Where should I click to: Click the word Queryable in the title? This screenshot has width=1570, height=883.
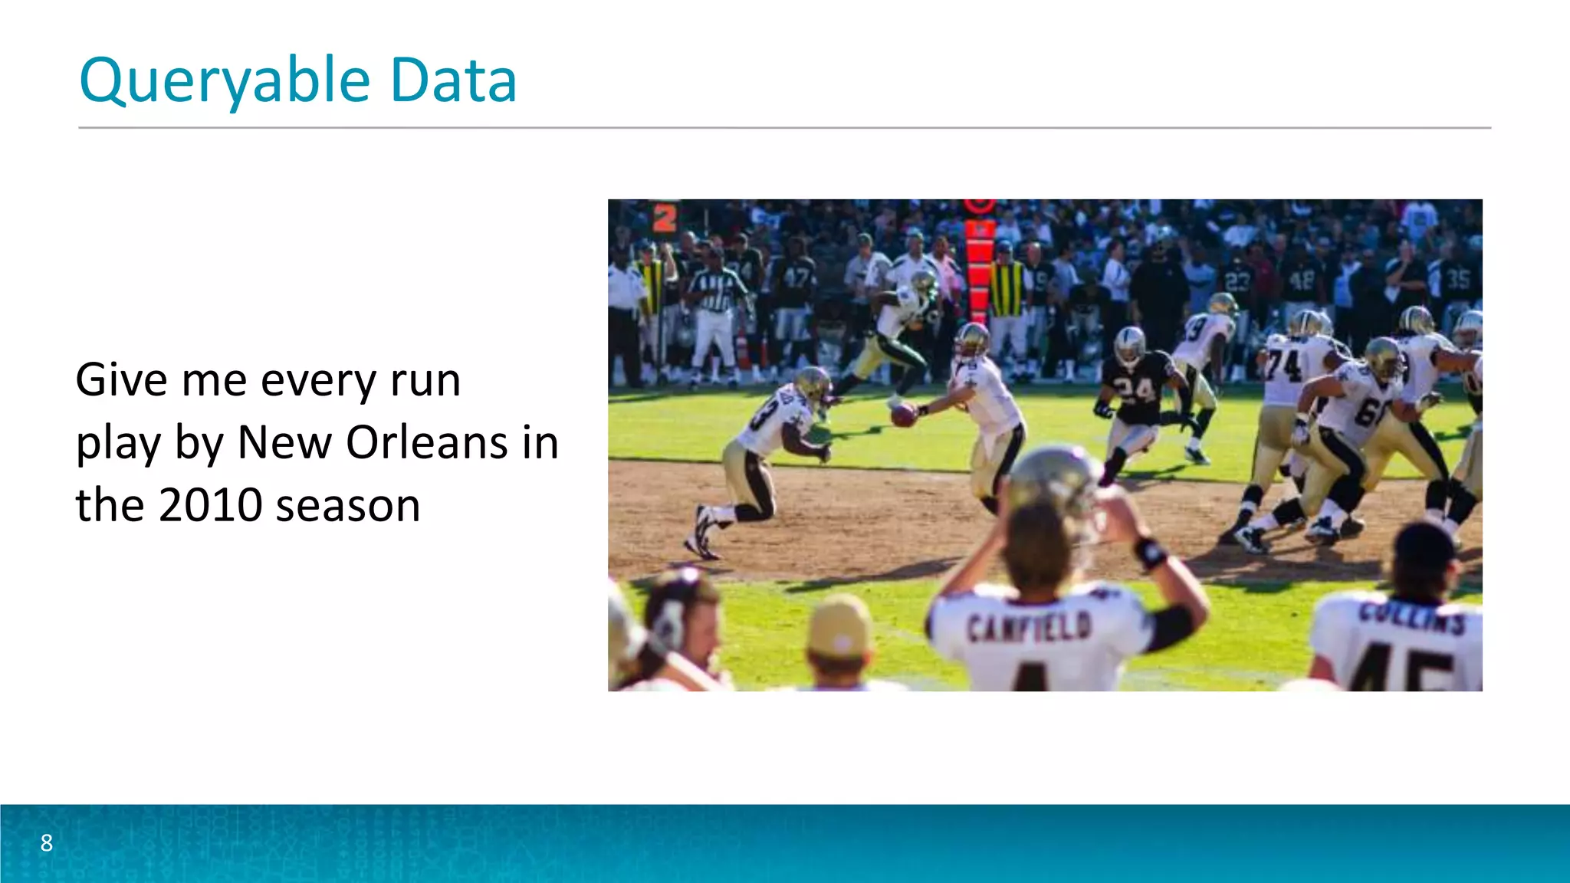pos(225,80)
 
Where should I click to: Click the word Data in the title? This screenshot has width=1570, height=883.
pos(453,80)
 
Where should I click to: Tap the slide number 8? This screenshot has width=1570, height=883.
pos(47,843)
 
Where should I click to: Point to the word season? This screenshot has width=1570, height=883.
pos(348,507)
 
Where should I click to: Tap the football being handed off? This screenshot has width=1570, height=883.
pos(904,415)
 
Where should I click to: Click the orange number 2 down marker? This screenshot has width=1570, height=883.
pos(665,218)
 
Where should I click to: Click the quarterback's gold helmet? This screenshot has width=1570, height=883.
pos(972,338)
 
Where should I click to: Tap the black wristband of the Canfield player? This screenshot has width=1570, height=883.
pos(1150,553)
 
